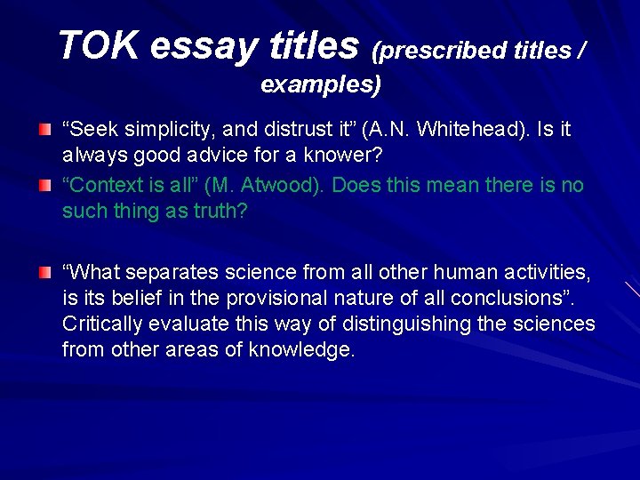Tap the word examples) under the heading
click(x=321, y=85)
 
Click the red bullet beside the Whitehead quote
click(x=44, y=131)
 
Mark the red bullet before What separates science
click(x=44, y=270)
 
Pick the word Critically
click(x=106, y=323)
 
